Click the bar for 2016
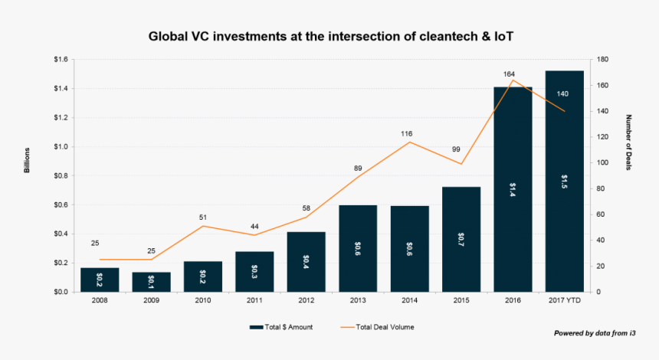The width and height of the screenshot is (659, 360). pos(513,189)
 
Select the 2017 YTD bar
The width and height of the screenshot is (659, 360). pos(565,182)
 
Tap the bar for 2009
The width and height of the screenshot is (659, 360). pos(151,282)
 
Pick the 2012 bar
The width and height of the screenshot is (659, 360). pos(306,262)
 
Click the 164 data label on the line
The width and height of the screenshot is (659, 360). pos(509,74)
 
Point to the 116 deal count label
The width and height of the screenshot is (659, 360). pos(406,134)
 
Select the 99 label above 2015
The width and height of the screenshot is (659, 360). pos(456,149)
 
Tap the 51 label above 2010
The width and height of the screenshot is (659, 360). pos(203,218)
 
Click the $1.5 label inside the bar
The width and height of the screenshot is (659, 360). pos(565,182)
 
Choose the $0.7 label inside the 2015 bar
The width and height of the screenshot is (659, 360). pos(461,240)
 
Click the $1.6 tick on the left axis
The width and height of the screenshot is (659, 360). pos(61,59)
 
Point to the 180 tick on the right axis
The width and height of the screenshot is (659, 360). pos(603,59)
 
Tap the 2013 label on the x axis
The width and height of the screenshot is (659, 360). pos(358,300)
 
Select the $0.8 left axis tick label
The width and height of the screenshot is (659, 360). pos(61,175)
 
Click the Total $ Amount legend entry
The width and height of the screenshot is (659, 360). pos(281,327)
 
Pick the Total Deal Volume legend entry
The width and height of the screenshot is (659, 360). pos(378,327)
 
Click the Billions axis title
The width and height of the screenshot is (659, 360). pos(27,160)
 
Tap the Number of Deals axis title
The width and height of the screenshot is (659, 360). pos(629,142)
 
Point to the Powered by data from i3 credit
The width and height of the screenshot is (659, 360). pos(595,333)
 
